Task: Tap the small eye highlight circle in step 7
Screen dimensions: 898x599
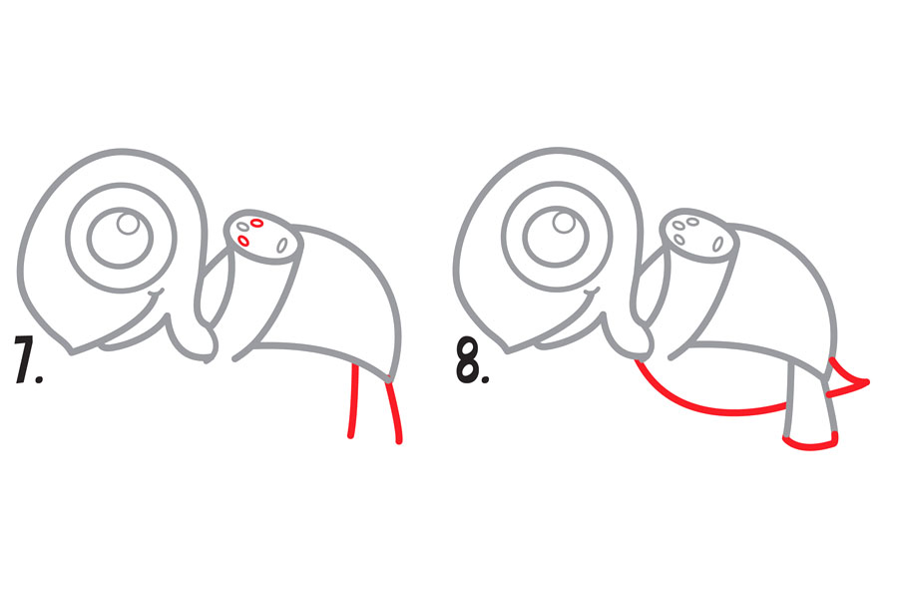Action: click(x=128, y=223)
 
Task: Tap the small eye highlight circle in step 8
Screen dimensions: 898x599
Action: click(x=564, y=222)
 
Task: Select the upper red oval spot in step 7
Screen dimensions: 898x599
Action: click(x=256, y=223)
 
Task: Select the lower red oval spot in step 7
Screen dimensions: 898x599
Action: click(x=242, y=241)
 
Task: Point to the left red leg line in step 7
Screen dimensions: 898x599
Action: click(x=353, y=401)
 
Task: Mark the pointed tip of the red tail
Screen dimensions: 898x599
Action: click(x=868, y=381)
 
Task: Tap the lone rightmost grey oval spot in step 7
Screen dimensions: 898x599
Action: click(x=281, y=246)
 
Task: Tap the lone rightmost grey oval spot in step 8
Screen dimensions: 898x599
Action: click(x=717, y=245)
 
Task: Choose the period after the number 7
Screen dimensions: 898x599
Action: click(x=38, y=378)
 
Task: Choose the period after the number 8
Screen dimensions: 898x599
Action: click(x=485, y=378)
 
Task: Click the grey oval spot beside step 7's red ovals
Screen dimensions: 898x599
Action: click(x=243, y=227)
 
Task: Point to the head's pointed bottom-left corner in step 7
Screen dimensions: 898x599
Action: click(x=71, y=350)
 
